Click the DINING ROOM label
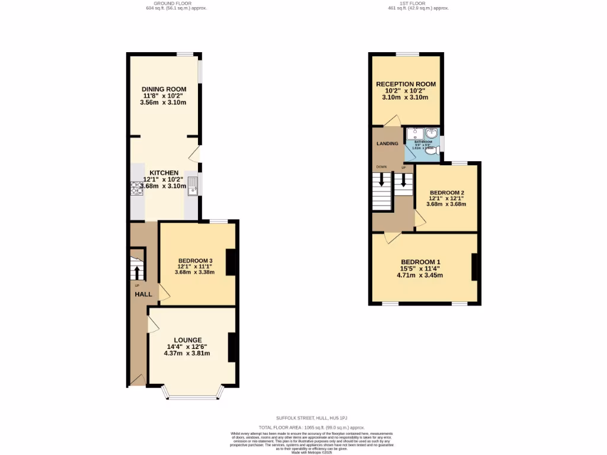[x=163, y=89]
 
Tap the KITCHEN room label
[x=163, y=173]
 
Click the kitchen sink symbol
[x=193, y=186]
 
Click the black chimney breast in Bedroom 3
[x=231, y=262]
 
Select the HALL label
[x=143, y=294]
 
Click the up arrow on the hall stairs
[x=137, y=272]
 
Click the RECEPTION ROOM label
[x=405, y=84]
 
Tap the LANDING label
[x=388, y=144]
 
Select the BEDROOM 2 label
[x=446, y=193]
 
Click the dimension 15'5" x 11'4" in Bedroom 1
[x=420, y=268]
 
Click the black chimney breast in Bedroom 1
[x=474, y=267]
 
